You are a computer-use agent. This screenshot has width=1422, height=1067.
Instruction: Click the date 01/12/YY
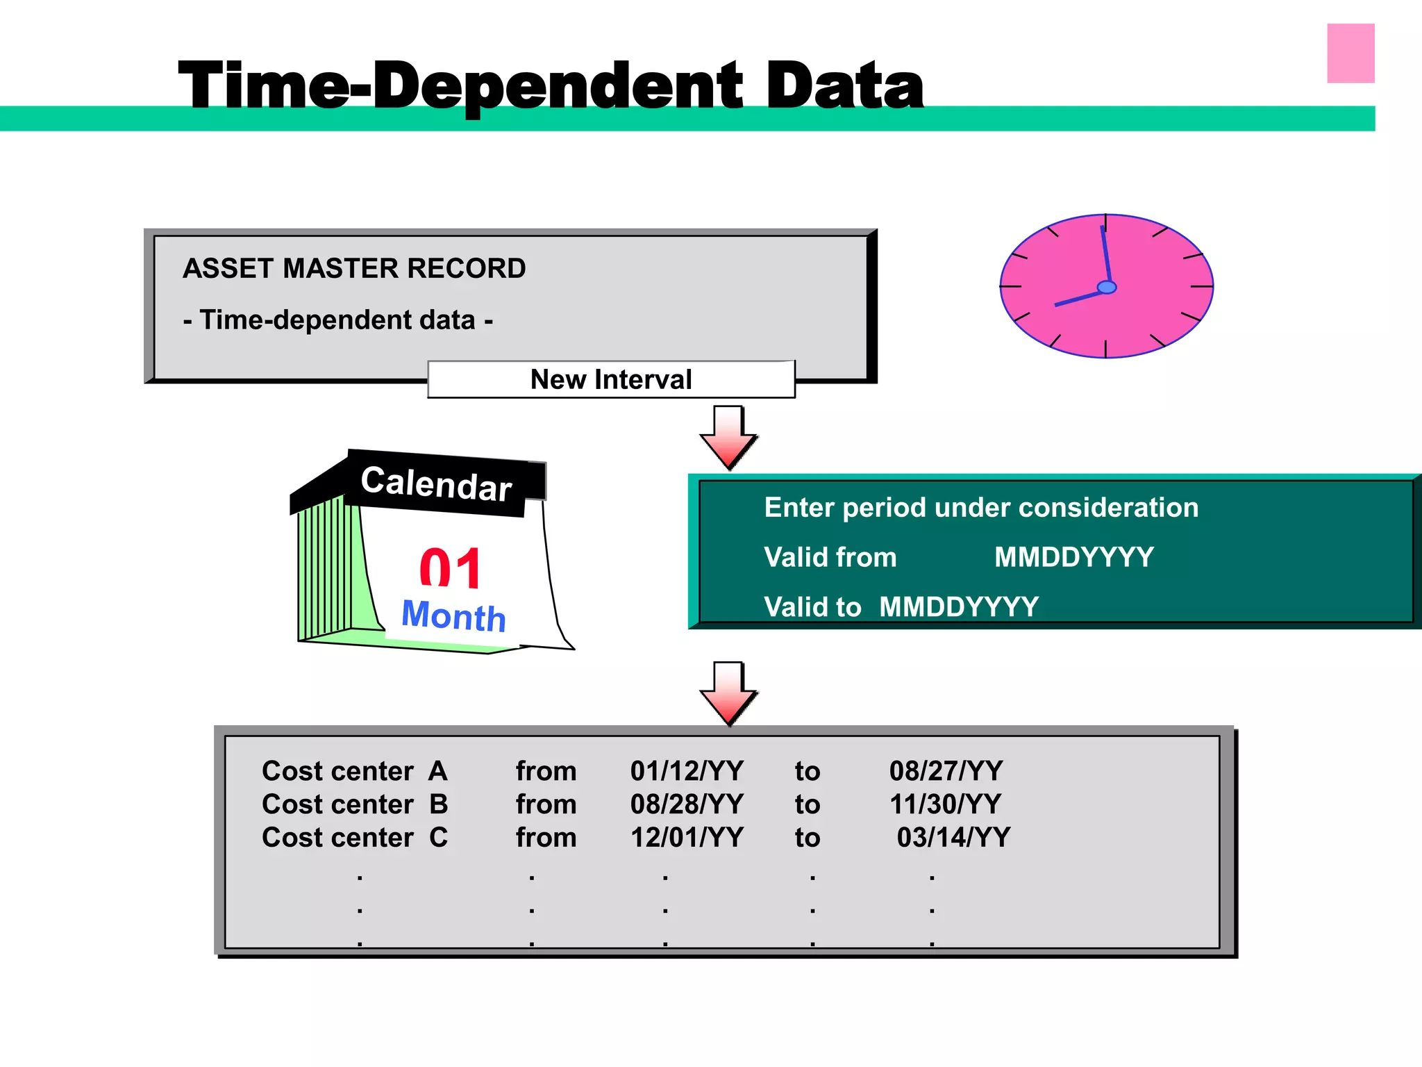point(686,771)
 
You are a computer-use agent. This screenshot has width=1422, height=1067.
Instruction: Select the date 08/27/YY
point(946,771)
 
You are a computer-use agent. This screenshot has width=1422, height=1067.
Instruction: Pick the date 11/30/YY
point(945,804)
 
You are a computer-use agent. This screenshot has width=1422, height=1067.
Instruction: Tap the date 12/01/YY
point(686,838)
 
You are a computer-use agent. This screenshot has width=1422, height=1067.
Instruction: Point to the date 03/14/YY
point(953,838)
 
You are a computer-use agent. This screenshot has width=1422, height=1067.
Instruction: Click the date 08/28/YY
point(686,804)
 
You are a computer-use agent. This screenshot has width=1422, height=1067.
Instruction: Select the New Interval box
point(611,379)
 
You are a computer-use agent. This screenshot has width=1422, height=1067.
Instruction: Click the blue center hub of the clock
point(1107,287)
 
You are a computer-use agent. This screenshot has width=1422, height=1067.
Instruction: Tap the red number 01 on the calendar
point(451,568)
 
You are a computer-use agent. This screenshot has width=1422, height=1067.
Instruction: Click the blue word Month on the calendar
point(454,615)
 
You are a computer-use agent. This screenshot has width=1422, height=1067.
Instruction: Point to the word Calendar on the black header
point(436,483)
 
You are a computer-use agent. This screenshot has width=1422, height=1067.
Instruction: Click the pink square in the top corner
point(1350,53)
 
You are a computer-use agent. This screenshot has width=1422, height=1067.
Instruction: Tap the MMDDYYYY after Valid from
point(1073,557)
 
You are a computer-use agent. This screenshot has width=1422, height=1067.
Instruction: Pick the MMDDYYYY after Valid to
point(958,607)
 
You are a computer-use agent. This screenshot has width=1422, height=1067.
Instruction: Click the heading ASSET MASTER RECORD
point(354,268)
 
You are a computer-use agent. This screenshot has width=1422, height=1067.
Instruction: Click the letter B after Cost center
point(439,804)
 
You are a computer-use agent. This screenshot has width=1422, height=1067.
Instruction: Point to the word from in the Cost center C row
point(546,838)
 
